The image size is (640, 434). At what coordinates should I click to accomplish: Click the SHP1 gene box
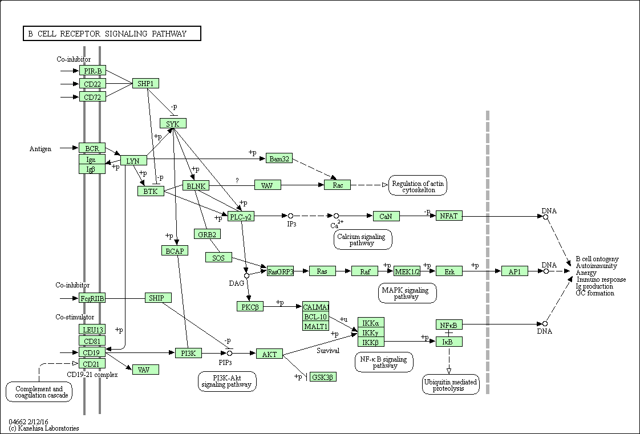145,83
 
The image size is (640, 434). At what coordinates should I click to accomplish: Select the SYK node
173,123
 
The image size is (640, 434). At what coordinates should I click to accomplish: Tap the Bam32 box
279,159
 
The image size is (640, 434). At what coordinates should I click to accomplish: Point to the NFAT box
449,216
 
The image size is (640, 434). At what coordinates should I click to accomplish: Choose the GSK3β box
323,377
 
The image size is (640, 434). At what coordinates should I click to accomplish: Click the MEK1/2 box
407,271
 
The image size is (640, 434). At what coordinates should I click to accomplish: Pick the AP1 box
515,271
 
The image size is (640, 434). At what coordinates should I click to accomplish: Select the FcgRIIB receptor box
92,298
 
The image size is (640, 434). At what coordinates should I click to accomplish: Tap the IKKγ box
371,332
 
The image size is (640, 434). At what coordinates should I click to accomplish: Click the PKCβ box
250,306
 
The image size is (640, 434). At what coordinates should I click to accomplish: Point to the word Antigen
40,149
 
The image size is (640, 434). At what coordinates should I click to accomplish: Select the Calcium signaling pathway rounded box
363,240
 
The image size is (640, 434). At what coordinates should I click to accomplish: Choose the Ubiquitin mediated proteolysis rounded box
450,384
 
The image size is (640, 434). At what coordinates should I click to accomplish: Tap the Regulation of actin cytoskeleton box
418,186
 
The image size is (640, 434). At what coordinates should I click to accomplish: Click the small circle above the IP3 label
290,216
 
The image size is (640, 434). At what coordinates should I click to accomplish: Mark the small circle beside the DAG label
246,275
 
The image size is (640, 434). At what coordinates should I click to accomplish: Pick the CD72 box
92,97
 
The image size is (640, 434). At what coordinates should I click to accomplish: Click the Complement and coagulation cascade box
39,392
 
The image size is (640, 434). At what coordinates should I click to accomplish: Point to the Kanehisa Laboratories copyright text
44,428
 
